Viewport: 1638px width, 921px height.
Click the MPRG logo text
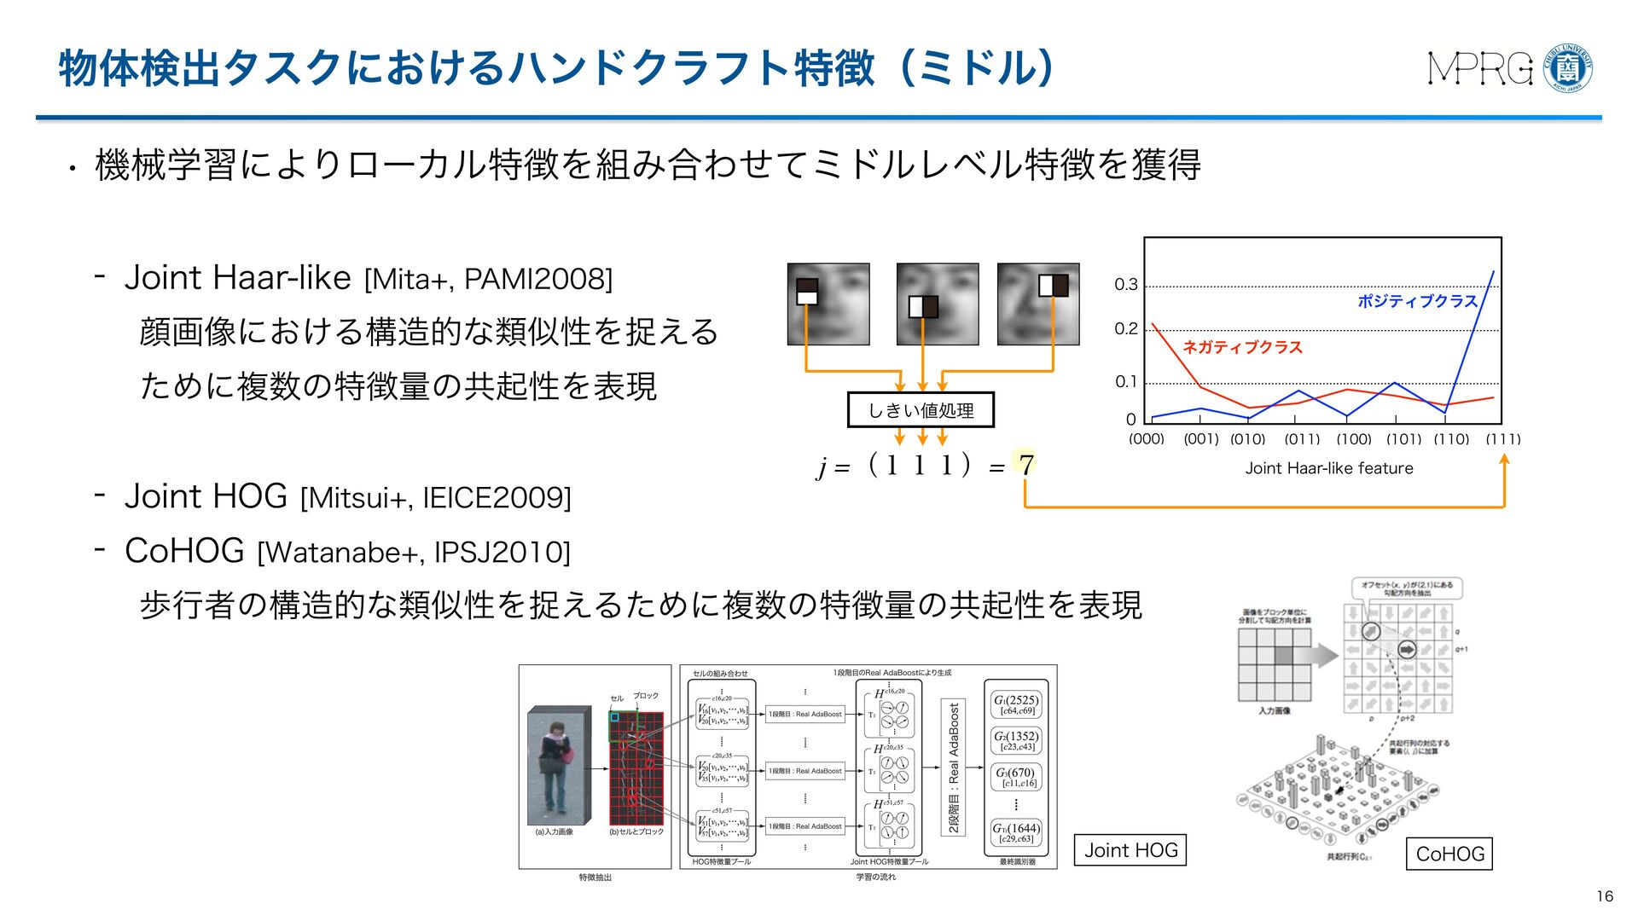(x=1480, y=68)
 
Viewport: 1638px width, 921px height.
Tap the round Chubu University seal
(x=1568, y=67)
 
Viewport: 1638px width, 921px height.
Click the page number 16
(x=1604, y=896)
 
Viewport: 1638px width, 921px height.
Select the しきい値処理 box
(x=921, y=410)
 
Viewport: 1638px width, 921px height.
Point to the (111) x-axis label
(x=1502, y=439)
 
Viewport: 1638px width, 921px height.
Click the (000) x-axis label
(x=1146, y=439)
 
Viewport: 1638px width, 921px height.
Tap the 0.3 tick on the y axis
(x=1126, y=285)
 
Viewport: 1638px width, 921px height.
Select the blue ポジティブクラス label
(x=1417, y=301)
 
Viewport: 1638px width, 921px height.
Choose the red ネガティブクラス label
(x=1242, y=347)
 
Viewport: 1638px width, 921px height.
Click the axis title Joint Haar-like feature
(x=1328, y=468)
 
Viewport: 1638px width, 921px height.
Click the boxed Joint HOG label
(x=1130, y=850)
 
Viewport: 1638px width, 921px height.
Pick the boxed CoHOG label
(x=1449, y=854)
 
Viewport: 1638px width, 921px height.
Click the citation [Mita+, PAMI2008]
(x=488, y=279)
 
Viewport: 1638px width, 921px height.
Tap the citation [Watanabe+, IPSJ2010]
(x=414, y=553)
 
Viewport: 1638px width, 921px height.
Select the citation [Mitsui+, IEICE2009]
(x=436, y=498)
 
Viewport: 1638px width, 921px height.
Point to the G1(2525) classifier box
(x=1016, y=704)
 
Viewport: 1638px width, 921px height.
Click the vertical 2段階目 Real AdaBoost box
(x=954, y=767)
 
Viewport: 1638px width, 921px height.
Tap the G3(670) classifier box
(x=1016, y=777)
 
